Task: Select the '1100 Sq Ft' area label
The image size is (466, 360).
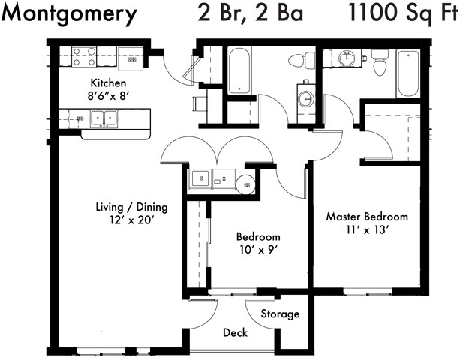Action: pyautogui.click(x=402, y=13)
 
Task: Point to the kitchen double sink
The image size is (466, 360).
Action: pyautogui.click(x=102, y=117)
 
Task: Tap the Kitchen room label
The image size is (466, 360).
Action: pyautogui.click(x=108, y=82)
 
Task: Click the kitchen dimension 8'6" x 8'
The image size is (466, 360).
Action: pyautogui.click(x=108, y=95)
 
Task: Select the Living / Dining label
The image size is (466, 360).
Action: pyautogui.click(x=131, y=207)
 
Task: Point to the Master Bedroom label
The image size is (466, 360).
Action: pyautogui.click(x=367, y=217)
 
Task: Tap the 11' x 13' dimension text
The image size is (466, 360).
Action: pyautogui.click(x=367, y=230)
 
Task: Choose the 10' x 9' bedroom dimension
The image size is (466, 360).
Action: pyautogui.click(x=258, y=248)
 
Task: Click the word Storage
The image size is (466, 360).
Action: pyautogui.click(x=281, y=313)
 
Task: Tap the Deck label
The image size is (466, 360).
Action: pyautogui.click(x=236, y=332)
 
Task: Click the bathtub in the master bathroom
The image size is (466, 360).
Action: pyautogui.click(x=409, y=73)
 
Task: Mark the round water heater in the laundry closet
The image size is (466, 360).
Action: pyautogui.click(x=246, y=182)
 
